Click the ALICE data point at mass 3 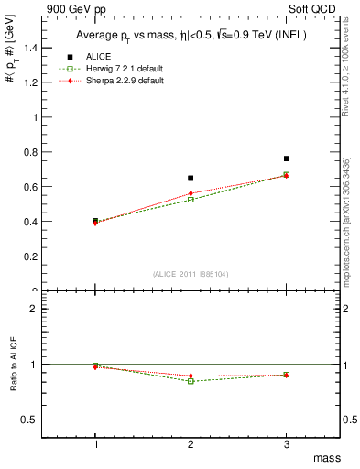pos(287,158)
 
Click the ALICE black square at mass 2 pos(191,178)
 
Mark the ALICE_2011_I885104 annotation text pos(191,274)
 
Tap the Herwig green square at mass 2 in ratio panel pos(191,380)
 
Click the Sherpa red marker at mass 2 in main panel pos(191,193)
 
